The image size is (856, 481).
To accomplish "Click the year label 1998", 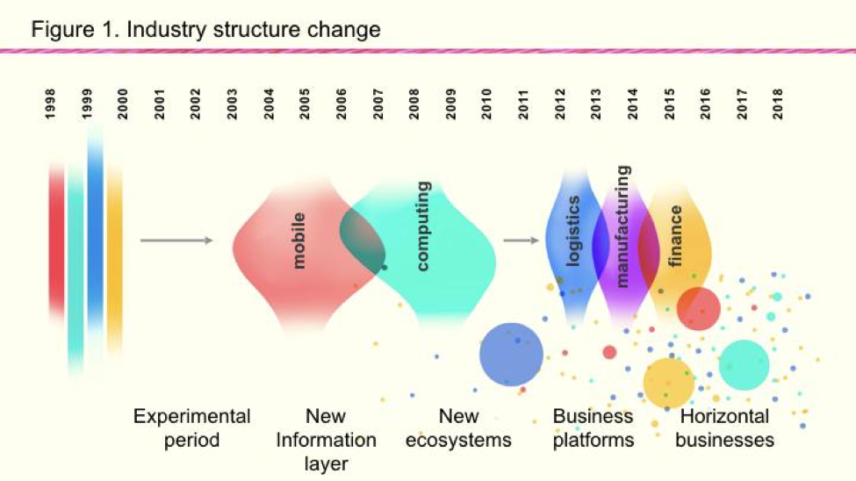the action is (50, 104).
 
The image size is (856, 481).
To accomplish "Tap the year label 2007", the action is (378, 104).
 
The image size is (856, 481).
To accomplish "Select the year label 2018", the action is (778, 104).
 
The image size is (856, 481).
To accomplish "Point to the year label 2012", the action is (559, 104).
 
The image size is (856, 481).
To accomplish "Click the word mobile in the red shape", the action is (299, 240).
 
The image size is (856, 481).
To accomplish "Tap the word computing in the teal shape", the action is (422, 226).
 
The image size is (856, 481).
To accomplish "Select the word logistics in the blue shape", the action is (572, 232).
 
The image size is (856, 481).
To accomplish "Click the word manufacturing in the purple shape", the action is (622, 226).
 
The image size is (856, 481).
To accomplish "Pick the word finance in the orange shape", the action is (675, 236).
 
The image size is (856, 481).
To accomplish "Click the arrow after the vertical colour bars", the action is (176, 240).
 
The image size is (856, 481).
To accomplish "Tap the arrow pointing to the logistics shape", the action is (522, 240).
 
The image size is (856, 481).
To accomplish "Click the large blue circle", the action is (511, 355).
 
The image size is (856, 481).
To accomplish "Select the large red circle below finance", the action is (698, 308).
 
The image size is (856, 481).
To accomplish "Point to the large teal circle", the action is (744, 365).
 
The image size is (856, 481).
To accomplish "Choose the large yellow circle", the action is (668, 383).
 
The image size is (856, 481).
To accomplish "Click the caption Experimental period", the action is (191, 428).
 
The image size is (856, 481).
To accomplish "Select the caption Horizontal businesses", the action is (724, 428).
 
